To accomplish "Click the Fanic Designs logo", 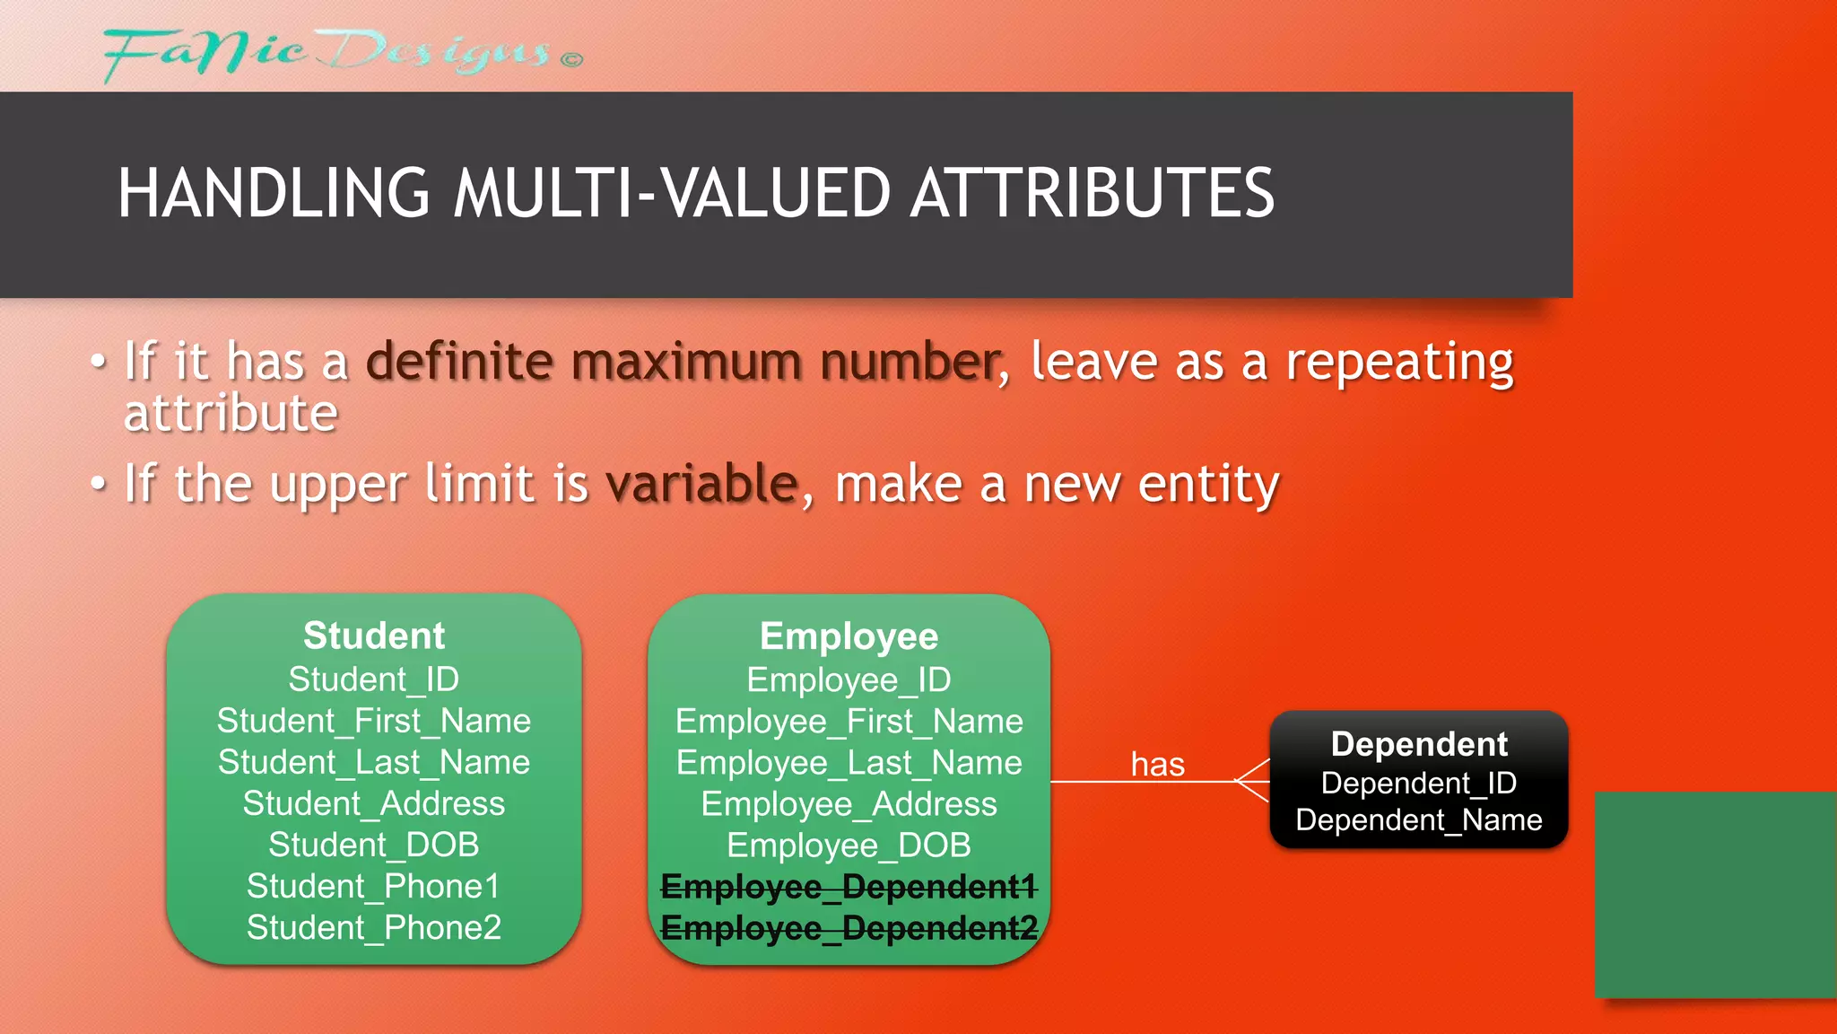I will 341,54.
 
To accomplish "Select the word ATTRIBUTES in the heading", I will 1092,193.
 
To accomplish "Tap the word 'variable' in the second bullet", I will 702,484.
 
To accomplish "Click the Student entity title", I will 374,635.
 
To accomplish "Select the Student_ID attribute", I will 374,679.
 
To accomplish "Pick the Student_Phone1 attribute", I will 374,886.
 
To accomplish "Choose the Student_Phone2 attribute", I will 374,927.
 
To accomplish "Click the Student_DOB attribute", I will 374,845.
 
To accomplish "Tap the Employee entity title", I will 849,636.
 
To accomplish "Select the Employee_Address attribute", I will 849,804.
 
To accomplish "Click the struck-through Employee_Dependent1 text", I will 849,887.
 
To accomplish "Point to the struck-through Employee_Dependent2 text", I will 849,928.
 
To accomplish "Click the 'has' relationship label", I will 1157,765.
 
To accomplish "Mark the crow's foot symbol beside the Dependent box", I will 1252,781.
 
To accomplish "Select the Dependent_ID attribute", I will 1419,783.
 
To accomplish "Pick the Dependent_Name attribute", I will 1419,819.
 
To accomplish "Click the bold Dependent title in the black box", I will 1419,744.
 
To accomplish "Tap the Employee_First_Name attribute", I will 849,722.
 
